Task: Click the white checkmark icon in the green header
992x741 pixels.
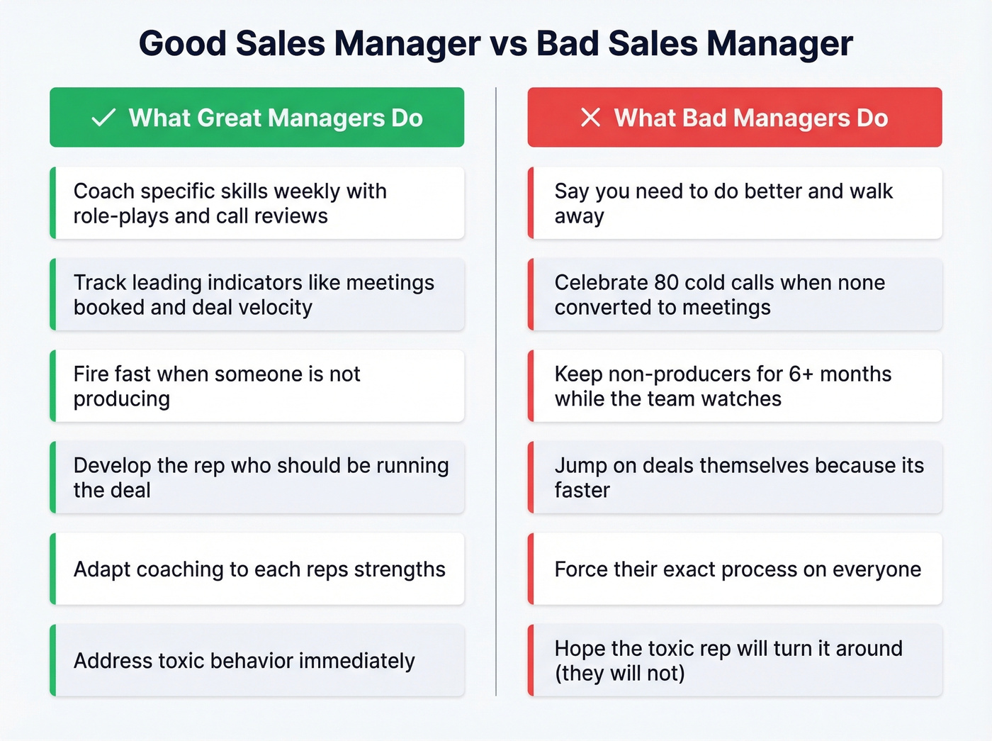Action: tap(103, 118)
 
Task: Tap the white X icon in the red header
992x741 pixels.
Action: tap(590, 118)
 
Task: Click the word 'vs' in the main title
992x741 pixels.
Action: tap(508, 43)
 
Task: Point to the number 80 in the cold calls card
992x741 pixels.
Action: tap(667, 282)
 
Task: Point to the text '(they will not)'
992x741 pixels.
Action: tap(620, 673)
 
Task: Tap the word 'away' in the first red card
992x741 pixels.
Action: tap(580, 216)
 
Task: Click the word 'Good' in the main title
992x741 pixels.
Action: tap(183, 43)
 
